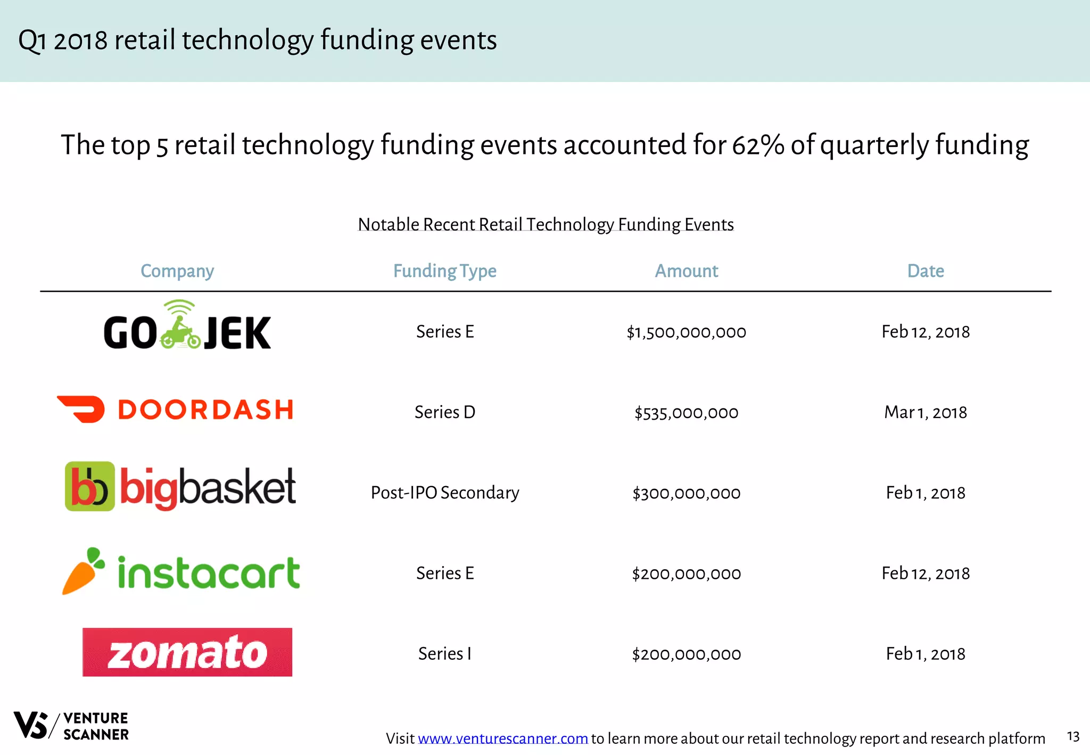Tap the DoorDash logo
point(176,409)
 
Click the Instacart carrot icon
point(84,571)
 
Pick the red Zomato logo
point(187,652)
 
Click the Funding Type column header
point(444,271)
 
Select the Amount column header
point(686,271)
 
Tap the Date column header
point(926,271)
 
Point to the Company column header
point(177,271)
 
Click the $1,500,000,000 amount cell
point(686,332)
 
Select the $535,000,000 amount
point(686,413)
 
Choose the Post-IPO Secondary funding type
point(445,493)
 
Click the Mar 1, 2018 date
point(926,412)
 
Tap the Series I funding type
point(445,653)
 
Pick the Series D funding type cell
point(445,412)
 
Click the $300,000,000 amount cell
point(686,493)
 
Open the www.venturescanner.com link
point(503,738)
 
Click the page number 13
point(1073,736)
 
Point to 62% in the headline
point(758,145)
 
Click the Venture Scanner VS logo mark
point(31,725)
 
